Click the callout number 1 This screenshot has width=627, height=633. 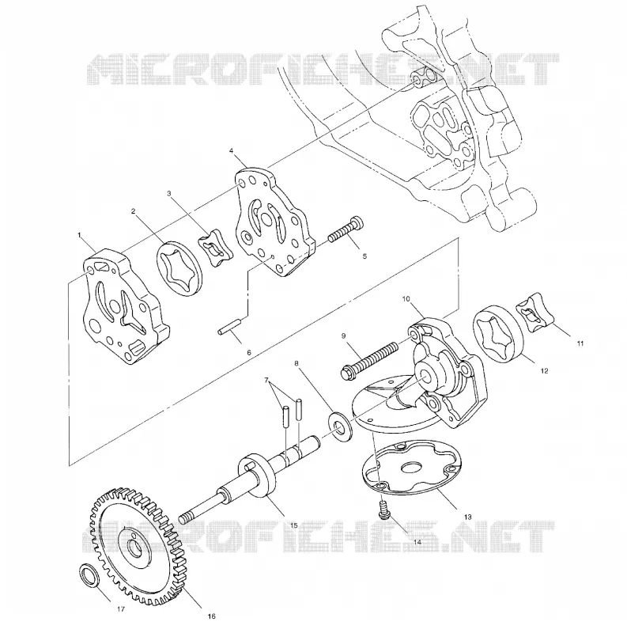(80, 235)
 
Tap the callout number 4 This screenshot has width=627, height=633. (231, 151)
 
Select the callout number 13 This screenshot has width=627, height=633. (467, 517)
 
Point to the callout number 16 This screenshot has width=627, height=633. (212, 616)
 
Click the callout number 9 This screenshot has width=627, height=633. (344, 335)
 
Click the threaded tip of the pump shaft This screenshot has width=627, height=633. (186, 516)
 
